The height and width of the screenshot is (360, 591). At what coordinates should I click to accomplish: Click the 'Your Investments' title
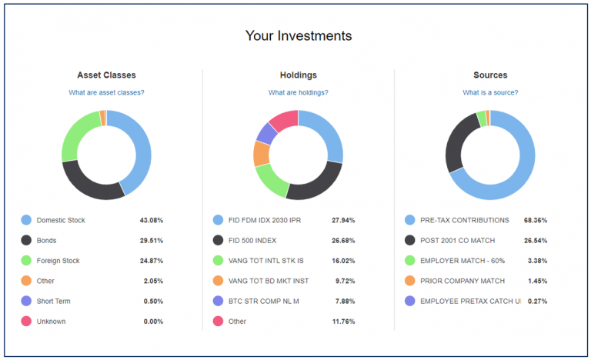298,36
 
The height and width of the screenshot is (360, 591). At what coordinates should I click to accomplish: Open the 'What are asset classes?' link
106,92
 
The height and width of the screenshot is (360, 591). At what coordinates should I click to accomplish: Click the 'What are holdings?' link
298,92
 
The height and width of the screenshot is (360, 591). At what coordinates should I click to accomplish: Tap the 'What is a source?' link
490,92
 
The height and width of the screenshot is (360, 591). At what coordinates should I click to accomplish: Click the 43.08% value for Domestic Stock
152,220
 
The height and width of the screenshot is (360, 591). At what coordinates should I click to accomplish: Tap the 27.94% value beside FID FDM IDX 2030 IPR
343,220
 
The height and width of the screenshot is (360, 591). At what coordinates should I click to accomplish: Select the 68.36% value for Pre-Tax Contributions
535,220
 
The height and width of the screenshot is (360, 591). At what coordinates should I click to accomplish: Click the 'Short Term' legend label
53,302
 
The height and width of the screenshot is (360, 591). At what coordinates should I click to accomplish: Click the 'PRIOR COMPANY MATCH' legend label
457,282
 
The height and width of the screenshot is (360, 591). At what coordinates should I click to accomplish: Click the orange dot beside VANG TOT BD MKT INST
218,282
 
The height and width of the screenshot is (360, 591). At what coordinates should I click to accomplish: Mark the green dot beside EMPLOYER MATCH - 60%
410,261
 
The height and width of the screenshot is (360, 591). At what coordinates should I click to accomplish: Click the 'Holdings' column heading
298,75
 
